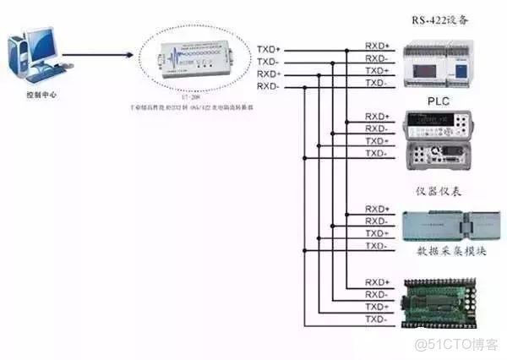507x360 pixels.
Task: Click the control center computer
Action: coord(34,56)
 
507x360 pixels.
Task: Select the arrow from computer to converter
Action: coord(97,57)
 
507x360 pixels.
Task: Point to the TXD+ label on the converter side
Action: coord(268,50)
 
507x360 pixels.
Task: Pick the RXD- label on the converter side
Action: coord(268,85)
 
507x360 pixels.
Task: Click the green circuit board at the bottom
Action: coord(448,300)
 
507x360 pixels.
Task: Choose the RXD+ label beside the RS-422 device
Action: coord(377,45)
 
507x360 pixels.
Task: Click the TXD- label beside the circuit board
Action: coord(377,320)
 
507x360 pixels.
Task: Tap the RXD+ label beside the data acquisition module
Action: coord(377,209)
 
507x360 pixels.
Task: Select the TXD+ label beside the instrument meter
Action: coord(377,141)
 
